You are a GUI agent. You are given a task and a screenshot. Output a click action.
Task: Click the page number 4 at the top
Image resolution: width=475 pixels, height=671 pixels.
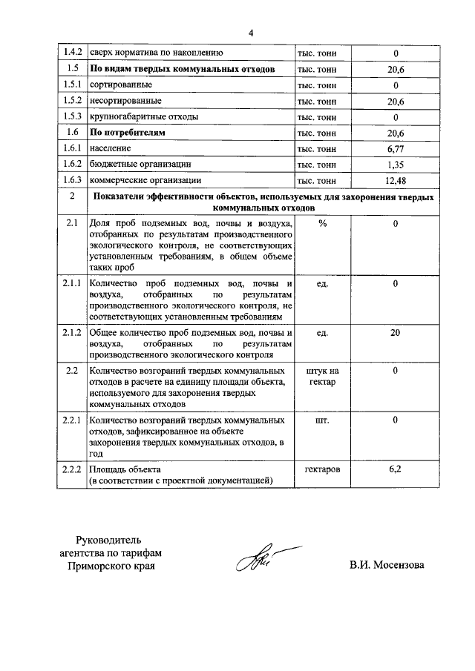point(251,33)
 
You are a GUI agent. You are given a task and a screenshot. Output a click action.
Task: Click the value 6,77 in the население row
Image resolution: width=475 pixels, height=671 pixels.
point(396,148)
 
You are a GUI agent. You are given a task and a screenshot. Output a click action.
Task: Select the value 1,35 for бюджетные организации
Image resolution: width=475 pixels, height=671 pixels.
point(396,164)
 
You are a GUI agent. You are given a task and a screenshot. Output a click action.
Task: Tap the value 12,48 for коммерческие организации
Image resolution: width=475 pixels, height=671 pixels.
point(396,180)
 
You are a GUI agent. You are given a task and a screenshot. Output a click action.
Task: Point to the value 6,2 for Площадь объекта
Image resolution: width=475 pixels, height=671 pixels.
point(396,469)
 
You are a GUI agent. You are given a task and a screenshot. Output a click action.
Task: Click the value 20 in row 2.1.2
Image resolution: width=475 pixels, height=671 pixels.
point(396,332)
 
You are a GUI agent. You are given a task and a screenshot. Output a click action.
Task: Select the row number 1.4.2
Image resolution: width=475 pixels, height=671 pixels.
point(72,53)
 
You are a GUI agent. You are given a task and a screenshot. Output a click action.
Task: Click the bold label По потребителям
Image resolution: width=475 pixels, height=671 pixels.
point(127,132)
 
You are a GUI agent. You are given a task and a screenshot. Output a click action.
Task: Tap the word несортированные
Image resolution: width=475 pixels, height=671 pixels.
point(125,100)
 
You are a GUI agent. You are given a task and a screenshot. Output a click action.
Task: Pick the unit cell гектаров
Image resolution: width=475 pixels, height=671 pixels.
point(322,469)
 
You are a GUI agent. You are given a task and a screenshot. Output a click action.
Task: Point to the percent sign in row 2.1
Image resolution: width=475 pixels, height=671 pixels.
point(322,223)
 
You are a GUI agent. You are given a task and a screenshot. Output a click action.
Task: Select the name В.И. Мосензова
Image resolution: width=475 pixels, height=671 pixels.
point(387,566)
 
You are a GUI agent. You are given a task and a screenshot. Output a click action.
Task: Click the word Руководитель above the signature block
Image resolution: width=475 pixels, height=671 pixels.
point(114,538)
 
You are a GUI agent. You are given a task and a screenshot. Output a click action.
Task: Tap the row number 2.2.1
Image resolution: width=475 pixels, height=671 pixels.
point(72,420)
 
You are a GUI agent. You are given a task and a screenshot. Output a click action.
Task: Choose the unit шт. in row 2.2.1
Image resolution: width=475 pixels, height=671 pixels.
point(322,420)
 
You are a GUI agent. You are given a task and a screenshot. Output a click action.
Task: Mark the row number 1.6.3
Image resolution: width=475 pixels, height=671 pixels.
point(72,180)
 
